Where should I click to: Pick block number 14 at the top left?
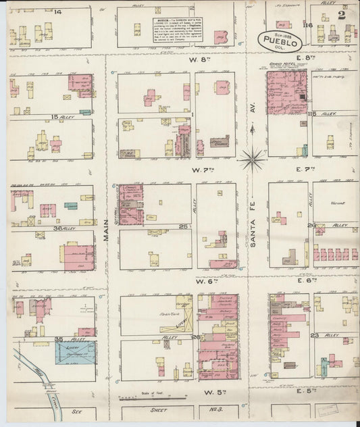point(58,12)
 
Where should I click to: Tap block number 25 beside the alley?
point(183,225)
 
